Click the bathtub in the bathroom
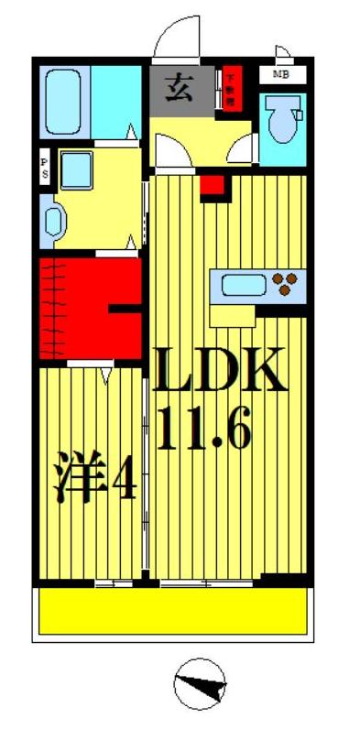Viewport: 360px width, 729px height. (x=65, y=98)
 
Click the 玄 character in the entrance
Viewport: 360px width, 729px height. (x=179, y=89)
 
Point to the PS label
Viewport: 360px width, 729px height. (x=44, y=169)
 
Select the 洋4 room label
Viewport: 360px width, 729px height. (x=95, y=480)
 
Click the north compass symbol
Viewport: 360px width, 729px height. (x=198, y=684)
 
